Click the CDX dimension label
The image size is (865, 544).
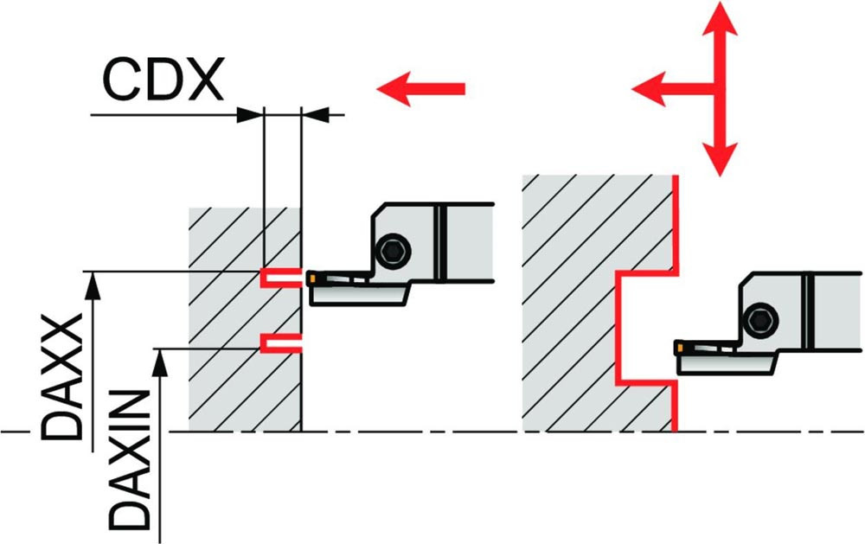point(163,79)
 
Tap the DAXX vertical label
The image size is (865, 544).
point(62,377)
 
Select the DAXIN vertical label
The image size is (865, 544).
point(130,460)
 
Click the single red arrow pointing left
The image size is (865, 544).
point(421,88)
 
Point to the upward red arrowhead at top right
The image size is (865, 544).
point(720,19)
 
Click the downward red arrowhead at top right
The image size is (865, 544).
point(720,159)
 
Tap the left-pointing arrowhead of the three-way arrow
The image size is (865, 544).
point(649,88)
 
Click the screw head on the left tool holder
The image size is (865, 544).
point(394,252)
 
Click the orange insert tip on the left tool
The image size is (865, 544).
point(311,278)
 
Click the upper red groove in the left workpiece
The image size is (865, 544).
point(281,278)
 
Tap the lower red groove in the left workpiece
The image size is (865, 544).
point(281,342)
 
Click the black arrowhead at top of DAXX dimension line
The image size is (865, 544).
point(93,285)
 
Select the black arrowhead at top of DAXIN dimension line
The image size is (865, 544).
point(160,362)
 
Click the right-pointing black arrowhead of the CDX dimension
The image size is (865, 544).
point(250,115)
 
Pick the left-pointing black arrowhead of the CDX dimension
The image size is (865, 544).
point(316,115)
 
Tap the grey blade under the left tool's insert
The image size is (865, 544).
point(360,293)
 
